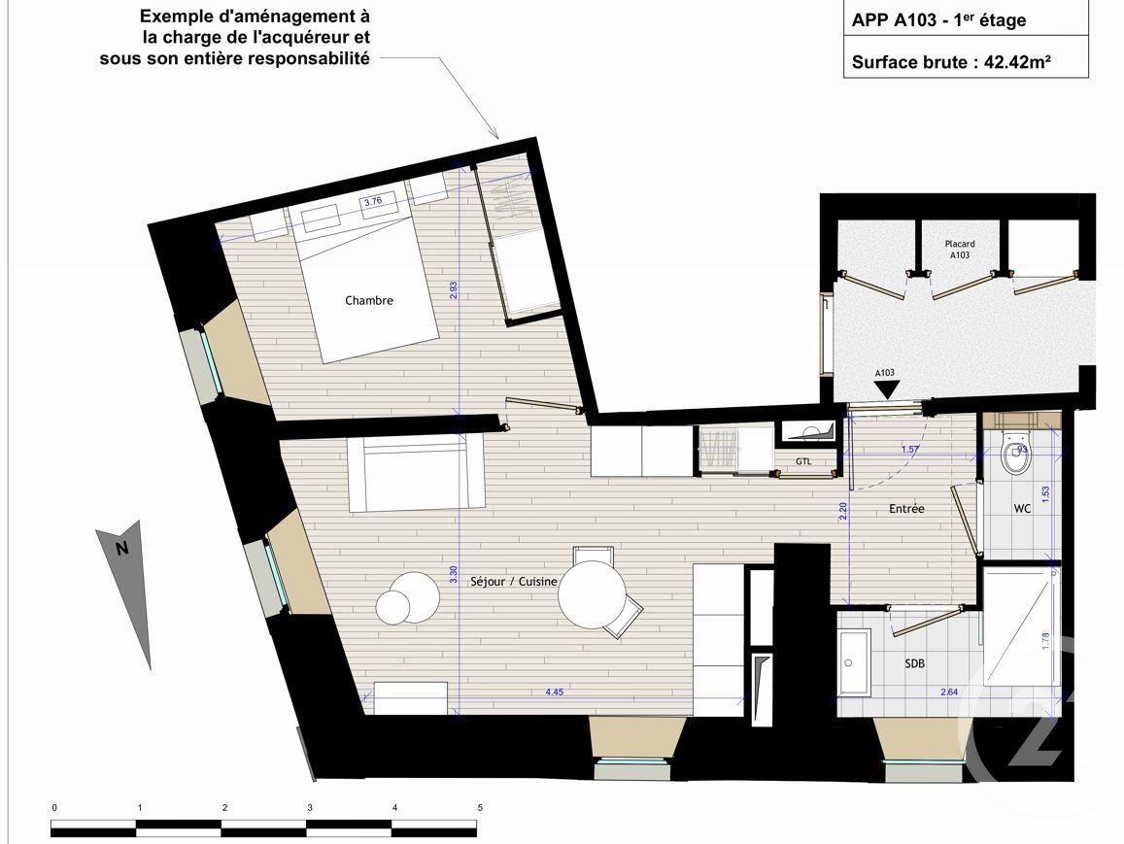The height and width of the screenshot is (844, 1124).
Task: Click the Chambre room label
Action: [x=369, y=300]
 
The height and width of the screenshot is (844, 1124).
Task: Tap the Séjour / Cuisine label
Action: [x=514, y=581]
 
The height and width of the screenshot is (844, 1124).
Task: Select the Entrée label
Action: [x=906, y=509]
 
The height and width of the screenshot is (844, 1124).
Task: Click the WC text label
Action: [x=1022, y=509]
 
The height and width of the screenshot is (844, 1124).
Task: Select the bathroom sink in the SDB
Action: [x=855, y=664]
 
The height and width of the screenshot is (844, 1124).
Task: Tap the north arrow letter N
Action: [x=122, y=549]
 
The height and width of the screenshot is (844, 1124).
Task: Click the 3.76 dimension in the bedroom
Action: [x=373, y=202]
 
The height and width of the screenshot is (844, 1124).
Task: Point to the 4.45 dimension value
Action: [x=555, y=692]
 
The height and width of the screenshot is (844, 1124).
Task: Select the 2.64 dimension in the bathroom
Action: [x=950, y=692]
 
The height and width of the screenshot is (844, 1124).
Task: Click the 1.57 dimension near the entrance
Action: [x=909, y=449]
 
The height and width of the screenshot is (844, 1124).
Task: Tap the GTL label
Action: [x=803, y=462]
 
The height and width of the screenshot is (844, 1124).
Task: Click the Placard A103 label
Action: [x=960, y=250]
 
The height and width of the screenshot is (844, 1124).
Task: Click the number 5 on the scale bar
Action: [x=480, y=808]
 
